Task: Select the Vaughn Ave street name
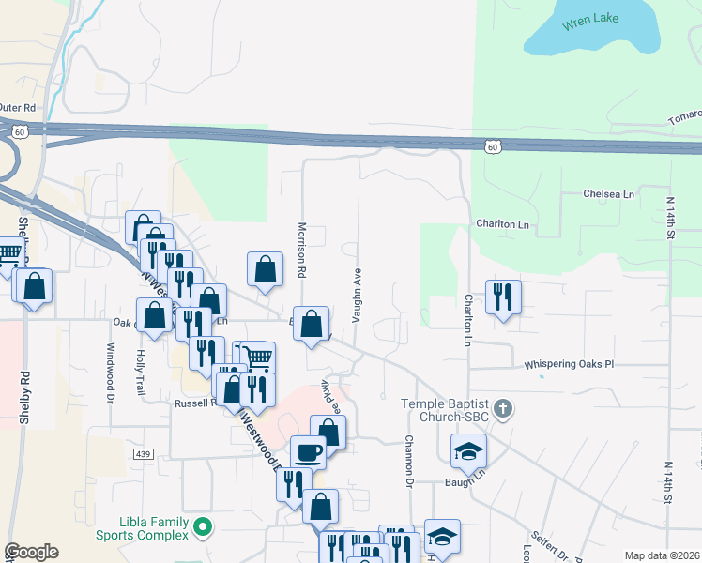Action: pos(357,295)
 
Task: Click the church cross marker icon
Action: pos(504,408)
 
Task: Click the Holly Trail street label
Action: pos(141,373)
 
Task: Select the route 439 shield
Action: pos(143,454)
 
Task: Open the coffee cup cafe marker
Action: pos(308,452)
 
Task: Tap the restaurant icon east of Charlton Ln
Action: pos(503,297)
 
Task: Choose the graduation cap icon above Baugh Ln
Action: pos(468,451)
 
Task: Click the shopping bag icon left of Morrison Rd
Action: pos(266,269)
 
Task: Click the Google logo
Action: pos(31,552)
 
